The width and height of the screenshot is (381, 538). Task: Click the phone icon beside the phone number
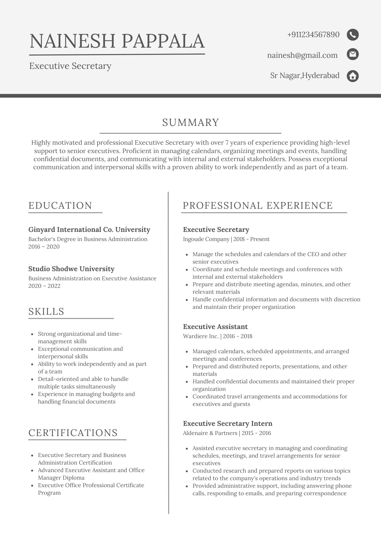point(352,35)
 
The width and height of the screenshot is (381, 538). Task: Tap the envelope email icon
point(352,54)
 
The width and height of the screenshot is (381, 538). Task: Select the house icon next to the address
point(352,76)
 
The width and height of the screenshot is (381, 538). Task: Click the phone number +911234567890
point(313,35)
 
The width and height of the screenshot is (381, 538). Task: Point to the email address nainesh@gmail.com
point(302,55)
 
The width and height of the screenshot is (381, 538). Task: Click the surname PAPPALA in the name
point(163,41)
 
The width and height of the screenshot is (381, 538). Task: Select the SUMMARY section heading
point(190,122)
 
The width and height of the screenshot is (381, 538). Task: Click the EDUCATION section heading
point(60,206)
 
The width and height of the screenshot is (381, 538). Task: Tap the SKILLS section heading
point(46,312)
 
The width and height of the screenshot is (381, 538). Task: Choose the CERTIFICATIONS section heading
point(73,433)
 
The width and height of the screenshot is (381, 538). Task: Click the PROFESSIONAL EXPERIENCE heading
point(258,206)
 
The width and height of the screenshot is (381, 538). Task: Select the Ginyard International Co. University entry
point(89,229)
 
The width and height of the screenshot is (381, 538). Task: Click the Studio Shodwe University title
point(71,269)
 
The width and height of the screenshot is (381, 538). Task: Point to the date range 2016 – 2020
point(44,247)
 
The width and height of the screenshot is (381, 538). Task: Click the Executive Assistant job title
point(215,327)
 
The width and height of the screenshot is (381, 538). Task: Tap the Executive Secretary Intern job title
point(228,423)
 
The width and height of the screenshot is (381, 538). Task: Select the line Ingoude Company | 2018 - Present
point(226,239)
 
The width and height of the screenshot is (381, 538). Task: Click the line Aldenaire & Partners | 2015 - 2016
point(227,433)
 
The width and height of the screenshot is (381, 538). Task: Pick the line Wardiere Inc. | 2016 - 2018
point(217,336)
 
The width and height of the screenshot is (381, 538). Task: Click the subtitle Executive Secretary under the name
point(70,66)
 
